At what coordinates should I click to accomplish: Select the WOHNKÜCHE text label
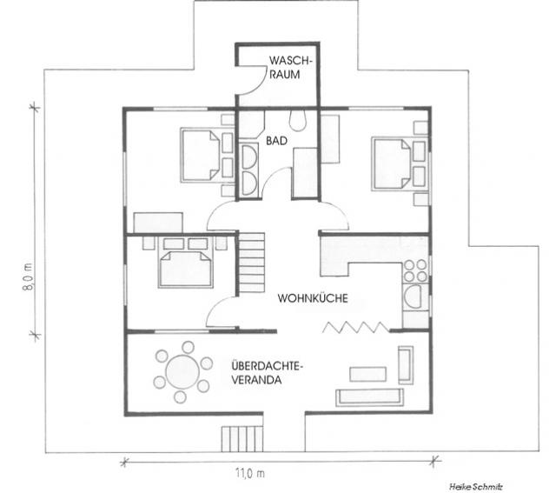point(313,298)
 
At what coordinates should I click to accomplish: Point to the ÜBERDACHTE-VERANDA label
point(266,372)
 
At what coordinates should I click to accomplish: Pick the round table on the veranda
point(182,371)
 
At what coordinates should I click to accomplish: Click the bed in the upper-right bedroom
point(393,162)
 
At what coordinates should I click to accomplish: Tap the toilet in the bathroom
point(297,117)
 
